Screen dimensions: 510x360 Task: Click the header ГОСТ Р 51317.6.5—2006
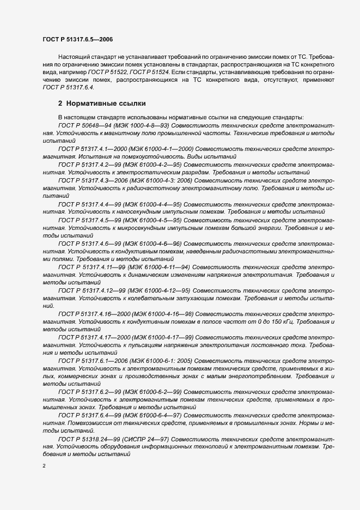point(77,39)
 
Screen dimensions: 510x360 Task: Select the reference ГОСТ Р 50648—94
point(82,125)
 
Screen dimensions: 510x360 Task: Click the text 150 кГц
point(284,321)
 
